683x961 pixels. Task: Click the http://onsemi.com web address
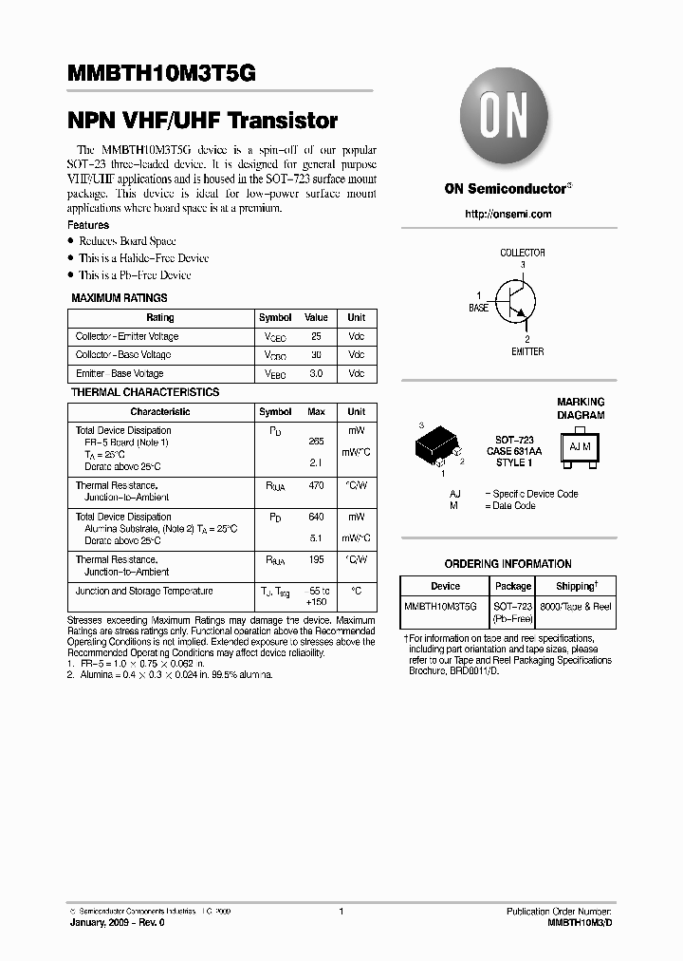tap(508, 215)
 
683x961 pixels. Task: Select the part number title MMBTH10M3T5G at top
tap(161, 73)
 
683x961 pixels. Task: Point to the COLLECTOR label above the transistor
tap(522, 254)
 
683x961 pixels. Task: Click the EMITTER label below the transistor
tap(527, 351)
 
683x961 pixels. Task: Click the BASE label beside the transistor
tap(479, 309)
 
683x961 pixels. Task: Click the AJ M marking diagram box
tap(580, 446)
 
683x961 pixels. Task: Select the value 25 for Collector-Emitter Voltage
tap(316, 337)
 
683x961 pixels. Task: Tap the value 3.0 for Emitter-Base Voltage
tap(316, 374)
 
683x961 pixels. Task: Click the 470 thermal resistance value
tap(316, 485)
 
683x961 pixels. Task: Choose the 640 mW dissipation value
tap(316, 518)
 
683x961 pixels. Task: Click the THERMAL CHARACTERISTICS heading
tap(145, 392)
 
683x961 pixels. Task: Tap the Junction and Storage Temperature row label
tap(144, 592)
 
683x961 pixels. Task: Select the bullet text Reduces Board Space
tap(127, 241)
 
